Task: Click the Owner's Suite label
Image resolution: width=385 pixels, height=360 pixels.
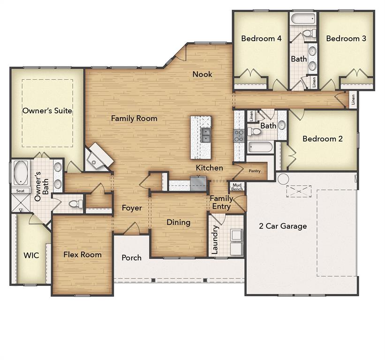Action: coord(47,111)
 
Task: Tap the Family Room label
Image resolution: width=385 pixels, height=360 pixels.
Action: coord(134,119)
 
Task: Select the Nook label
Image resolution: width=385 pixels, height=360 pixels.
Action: coord(202,74)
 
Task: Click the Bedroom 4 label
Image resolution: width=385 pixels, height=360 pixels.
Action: coord(261,38)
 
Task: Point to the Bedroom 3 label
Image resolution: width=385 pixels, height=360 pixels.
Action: coord(346,38)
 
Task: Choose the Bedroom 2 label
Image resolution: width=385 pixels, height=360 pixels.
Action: coord(323,139)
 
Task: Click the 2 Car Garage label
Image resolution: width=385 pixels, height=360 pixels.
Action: coord(283,226)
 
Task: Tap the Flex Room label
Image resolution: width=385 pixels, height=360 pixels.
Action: coord(83,255)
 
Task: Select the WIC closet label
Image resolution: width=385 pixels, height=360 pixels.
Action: coord(31,255)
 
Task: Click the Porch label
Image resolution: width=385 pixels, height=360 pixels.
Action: coord(131,257)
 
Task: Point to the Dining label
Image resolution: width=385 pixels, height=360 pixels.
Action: coord(178,222)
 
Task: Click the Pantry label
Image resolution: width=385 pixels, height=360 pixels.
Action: coord(255,171)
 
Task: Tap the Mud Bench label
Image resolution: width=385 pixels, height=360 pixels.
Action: coord(237,187)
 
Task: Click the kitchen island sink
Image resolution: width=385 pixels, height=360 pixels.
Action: coord(206,135)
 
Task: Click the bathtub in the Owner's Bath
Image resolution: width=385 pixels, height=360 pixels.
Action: coord(21,173)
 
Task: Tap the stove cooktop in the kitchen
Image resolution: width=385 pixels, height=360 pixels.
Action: coord(239,136)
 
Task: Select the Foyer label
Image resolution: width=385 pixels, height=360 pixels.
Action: coord(132,208)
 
